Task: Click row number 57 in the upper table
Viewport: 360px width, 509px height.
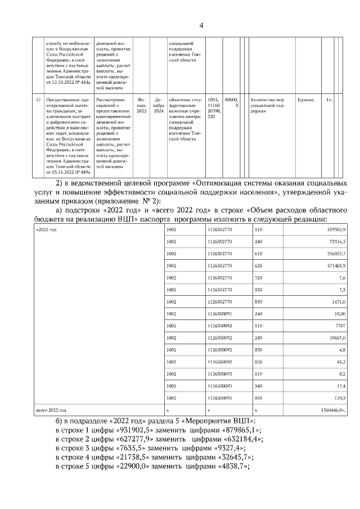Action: tap(38, 100)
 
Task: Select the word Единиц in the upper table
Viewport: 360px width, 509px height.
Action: tap(305, 100)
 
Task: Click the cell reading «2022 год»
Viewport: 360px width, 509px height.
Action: tap(46, 230)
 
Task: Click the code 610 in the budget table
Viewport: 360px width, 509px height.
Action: tap(259, 254)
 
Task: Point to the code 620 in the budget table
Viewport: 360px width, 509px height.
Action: tap(259, 265)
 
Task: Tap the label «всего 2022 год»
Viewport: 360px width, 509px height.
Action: tap(51, 411)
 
